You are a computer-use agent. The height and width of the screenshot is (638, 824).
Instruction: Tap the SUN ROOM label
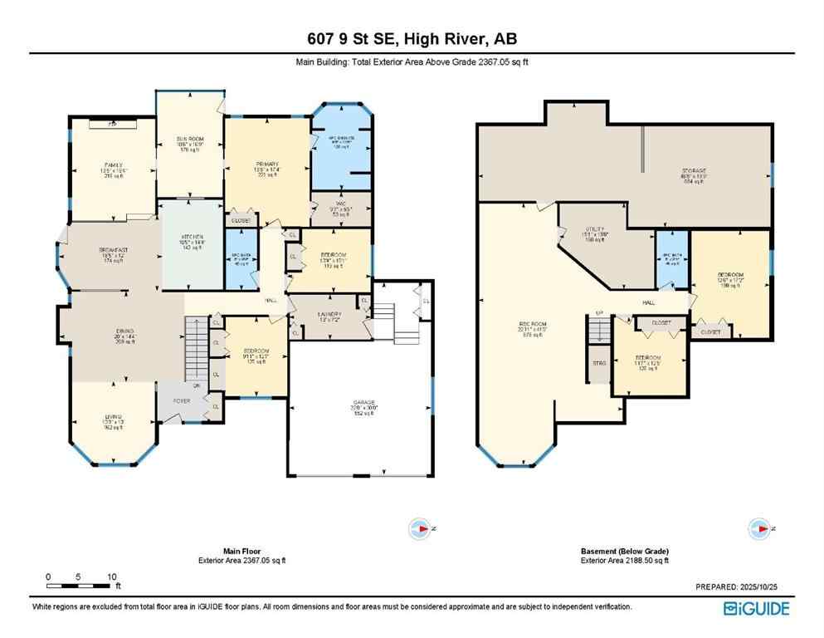click(x=190, y=138)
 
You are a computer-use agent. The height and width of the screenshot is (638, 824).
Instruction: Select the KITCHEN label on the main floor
click(x=193, y=237)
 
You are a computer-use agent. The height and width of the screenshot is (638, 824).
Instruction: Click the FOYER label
click(x=182, y=401)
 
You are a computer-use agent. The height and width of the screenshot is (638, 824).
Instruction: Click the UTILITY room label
click(x=595, y=229)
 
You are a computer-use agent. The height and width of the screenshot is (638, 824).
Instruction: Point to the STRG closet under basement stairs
click(x=598, y=363)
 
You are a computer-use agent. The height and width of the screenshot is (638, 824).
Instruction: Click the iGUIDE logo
click(x=756, y=608)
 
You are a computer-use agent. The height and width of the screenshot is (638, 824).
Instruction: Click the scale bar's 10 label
click(x=111, y=577)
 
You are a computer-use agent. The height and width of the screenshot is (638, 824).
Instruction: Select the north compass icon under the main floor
click(x=422, y=528)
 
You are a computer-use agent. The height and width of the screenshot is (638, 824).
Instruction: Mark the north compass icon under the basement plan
click(x=759, y=528)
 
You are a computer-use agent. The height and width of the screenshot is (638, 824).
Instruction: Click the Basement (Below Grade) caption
click(x=624, y=552)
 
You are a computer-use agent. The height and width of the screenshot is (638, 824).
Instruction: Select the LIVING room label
click(x=112, y=415)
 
